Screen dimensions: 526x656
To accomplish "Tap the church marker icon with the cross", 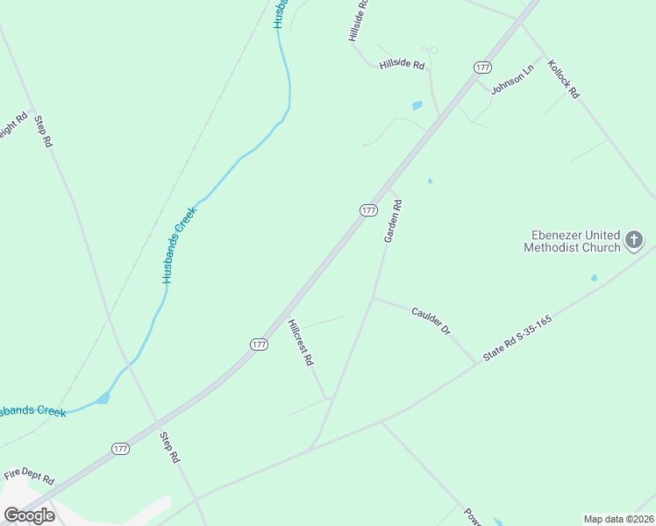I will (634, 239).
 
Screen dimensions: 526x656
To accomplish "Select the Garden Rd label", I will (392, 222).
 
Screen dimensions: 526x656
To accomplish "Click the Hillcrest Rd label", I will (301, 341).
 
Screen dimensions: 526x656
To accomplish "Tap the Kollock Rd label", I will (564, 79).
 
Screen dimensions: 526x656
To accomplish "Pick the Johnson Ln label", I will (512, 81).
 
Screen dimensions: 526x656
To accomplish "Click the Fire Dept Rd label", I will (29, 480).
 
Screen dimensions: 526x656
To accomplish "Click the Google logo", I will (29, 515).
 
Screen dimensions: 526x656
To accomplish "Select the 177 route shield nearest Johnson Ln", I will (481, 68).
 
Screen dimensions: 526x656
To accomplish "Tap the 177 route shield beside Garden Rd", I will (368, 210).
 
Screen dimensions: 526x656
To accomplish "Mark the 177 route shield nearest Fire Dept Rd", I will (121, 449).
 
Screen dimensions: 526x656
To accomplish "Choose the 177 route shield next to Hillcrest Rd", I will (259, 345).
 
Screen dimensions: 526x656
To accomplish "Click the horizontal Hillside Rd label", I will (402, 65).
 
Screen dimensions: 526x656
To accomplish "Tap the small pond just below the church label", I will (594, 279).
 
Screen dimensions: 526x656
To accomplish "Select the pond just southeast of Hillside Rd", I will (417, 106).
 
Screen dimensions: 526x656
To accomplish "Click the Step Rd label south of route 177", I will (170, 447).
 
